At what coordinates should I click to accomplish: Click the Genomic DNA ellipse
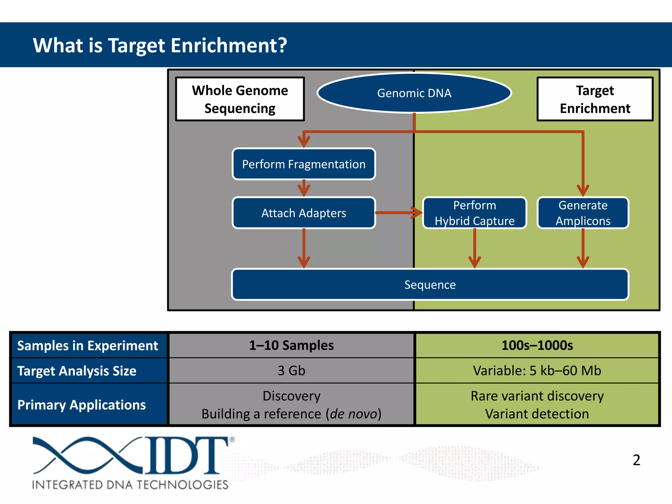414,93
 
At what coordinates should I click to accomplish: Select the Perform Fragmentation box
304,164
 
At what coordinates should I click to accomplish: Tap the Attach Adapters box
304,213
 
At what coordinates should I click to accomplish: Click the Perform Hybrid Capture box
474,213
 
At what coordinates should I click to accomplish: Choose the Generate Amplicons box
583,213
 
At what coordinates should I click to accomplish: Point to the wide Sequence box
430,284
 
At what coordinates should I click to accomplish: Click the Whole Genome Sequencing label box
240,99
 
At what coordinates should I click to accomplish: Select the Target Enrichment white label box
595,99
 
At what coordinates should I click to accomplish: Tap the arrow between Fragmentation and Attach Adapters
304,188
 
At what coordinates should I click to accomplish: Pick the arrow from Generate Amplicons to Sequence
583,249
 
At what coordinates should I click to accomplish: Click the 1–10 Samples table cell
291,346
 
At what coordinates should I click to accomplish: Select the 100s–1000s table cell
537,346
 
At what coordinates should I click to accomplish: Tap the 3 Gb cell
291,371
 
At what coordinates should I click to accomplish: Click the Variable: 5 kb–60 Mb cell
537,371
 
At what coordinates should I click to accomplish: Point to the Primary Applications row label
82,405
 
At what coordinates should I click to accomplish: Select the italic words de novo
354,414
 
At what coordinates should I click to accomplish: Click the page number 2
636,460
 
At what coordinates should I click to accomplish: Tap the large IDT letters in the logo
187,456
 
